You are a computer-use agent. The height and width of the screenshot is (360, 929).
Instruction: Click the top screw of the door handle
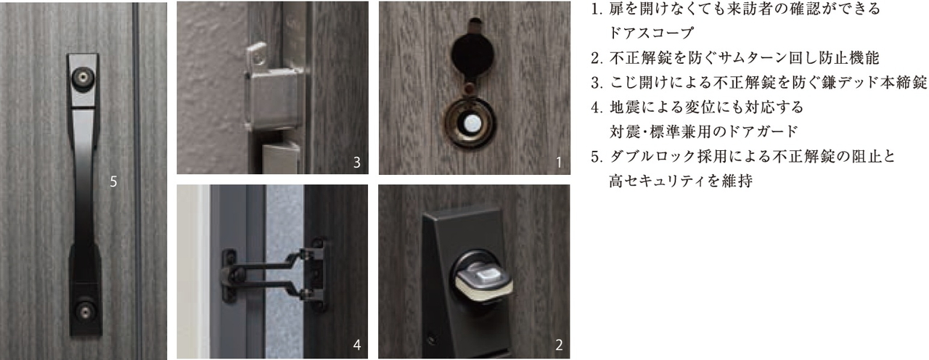84,75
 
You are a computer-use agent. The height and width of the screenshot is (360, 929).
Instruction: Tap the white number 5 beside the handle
113,182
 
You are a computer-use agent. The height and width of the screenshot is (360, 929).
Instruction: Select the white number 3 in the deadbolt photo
356,163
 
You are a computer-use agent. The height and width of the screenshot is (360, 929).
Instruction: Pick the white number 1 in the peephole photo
559,163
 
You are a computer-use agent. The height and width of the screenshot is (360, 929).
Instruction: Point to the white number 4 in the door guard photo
356,345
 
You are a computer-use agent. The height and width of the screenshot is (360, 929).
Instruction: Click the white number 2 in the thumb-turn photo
559,345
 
